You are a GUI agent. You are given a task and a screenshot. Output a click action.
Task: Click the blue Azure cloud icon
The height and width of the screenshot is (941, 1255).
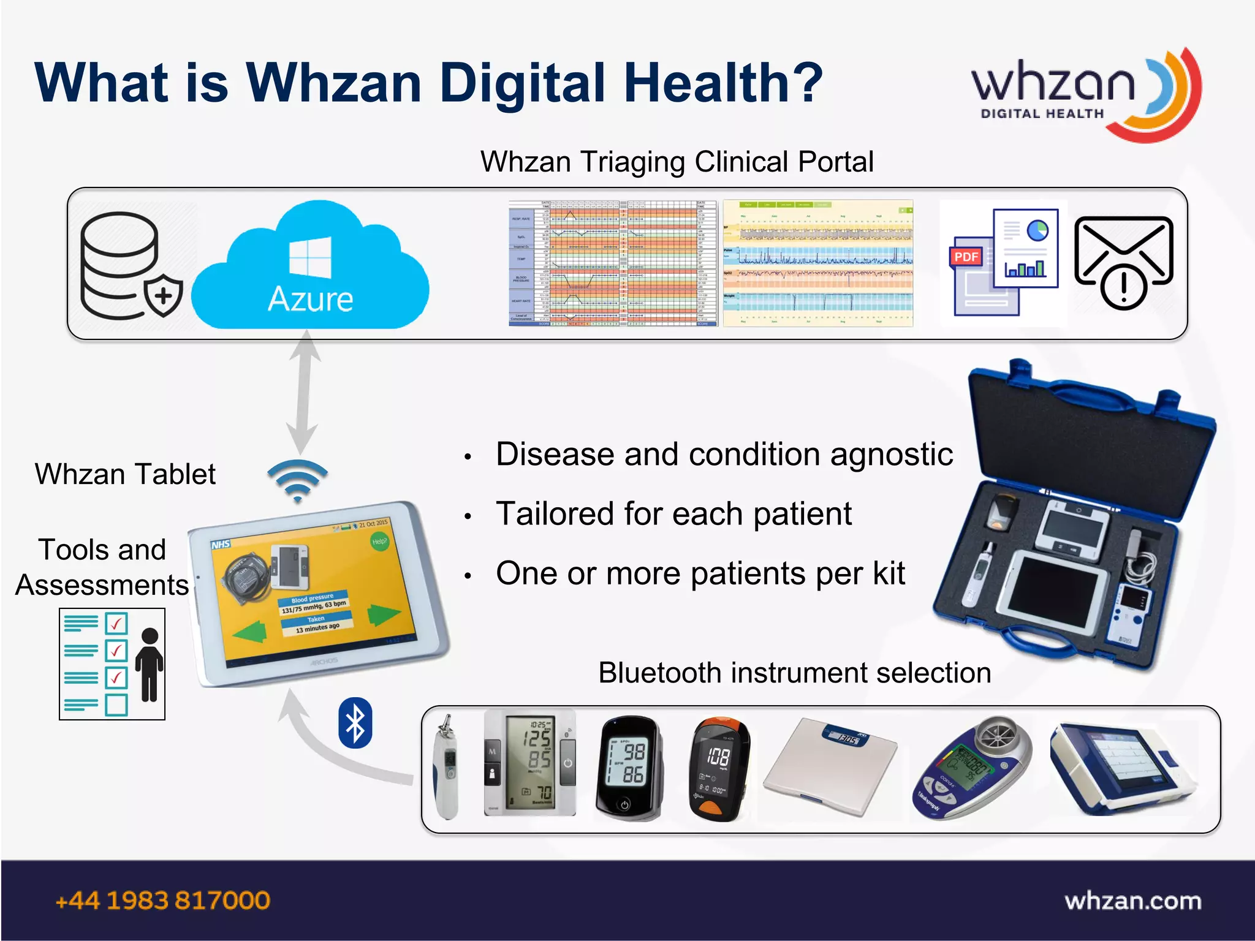311,270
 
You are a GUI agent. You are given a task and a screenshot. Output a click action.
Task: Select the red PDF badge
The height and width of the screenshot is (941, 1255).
966,257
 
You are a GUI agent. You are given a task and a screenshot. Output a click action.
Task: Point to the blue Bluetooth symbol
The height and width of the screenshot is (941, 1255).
355,723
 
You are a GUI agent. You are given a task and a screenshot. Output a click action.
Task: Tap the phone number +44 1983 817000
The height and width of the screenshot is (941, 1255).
163,901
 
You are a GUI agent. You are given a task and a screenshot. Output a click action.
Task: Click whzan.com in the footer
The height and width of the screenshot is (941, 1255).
1133,901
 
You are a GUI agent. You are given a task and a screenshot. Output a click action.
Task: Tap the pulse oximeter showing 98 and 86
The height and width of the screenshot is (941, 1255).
629,768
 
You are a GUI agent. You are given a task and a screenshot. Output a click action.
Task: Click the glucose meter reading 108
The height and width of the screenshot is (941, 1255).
718,768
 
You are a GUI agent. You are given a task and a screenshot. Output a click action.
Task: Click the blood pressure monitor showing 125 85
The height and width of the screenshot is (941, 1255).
531,762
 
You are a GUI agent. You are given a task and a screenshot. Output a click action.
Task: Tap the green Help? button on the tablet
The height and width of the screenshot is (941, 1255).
379,542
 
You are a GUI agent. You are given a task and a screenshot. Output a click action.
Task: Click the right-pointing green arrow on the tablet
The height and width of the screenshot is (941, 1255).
384,614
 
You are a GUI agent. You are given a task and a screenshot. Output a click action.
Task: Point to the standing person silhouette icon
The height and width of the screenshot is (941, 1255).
149,664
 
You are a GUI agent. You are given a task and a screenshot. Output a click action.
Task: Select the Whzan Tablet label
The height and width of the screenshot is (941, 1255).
125,474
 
